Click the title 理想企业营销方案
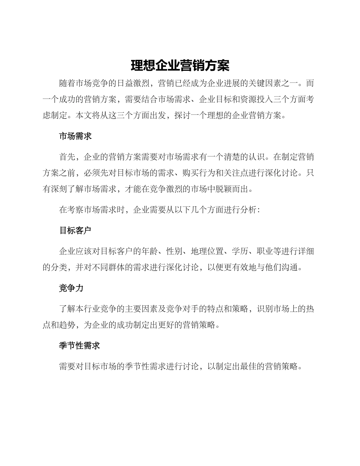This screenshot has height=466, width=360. pyautogui.click(x=180, y=66)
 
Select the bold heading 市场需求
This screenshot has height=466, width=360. pyautogui.click(x=75, y=136)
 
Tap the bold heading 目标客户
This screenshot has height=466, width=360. pyautogui.click(x=75, y=231)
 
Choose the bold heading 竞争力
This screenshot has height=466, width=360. pyautogui.click(x=71, y=288)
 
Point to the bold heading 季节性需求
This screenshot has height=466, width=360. pyautogui.click(x=80, y=346)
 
